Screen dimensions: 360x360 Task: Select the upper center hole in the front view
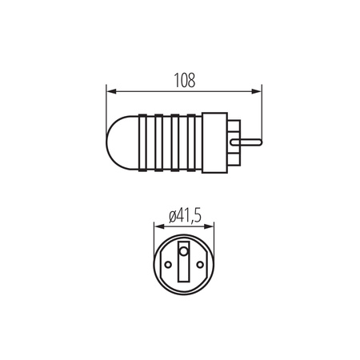[183, 250]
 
